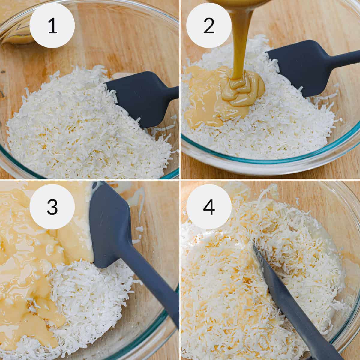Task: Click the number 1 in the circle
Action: point(52,26)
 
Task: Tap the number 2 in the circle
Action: point(209,26)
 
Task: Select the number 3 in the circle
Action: point(52,207)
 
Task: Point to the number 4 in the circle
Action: point(209,207)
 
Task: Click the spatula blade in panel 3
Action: point(109,228)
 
